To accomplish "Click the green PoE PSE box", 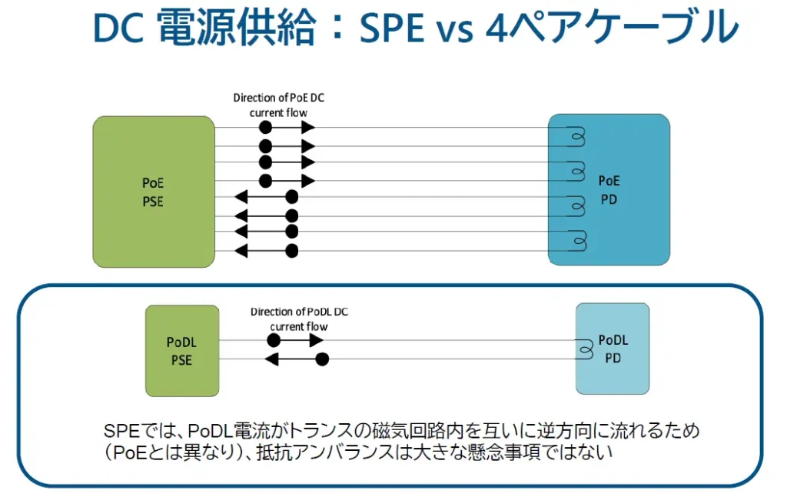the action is tap(154, 192).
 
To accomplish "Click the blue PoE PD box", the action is tap(609, 190).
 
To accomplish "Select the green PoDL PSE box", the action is tap(182, 351).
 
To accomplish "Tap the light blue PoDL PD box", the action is tap(613, 349).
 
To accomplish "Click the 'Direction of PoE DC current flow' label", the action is tap(278, 105).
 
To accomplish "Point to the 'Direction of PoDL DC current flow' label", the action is tap(299, 319).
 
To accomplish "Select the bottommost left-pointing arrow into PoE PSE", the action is tap(267, 250).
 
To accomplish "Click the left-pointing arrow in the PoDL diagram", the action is tap(297, 359).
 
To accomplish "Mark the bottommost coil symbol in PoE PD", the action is tap(578, 241).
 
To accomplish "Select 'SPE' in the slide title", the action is tap(392, 28).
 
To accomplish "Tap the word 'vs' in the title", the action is tap(455, 31).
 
